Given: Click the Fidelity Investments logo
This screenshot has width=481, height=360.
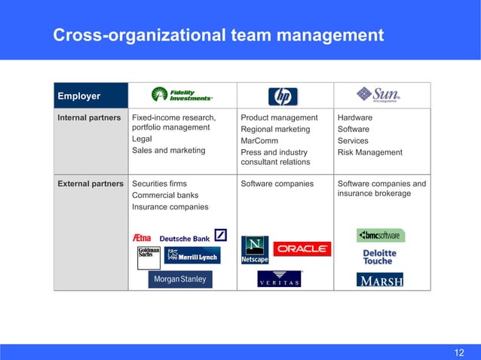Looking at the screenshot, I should point(182,94).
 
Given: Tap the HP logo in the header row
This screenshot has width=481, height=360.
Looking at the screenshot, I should point(283,96).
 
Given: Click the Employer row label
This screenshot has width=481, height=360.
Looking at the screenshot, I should point(79,96).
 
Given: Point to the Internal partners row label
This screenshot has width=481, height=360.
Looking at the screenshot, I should point(90,118).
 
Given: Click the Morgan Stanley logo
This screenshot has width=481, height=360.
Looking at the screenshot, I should point(180,279).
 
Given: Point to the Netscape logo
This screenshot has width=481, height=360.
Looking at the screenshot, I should point(254,249).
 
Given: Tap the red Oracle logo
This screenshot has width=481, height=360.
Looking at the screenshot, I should point(302,249).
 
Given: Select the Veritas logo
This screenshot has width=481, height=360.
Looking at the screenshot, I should point(280,279).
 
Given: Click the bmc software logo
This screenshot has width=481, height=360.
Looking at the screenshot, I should point(381,235).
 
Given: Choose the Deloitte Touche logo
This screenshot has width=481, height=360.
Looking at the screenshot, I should point(378,257).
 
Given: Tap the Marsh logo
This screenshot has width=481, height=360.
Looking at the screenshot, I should point(379,280).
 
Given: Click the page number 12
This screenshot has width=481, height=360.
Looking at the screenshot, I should point(459,352).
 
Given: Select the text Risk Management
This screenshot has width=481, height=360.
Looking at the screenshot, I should point(370,152).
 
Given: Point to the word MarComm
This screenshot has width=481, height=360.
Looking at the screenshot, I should point(259,141).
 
